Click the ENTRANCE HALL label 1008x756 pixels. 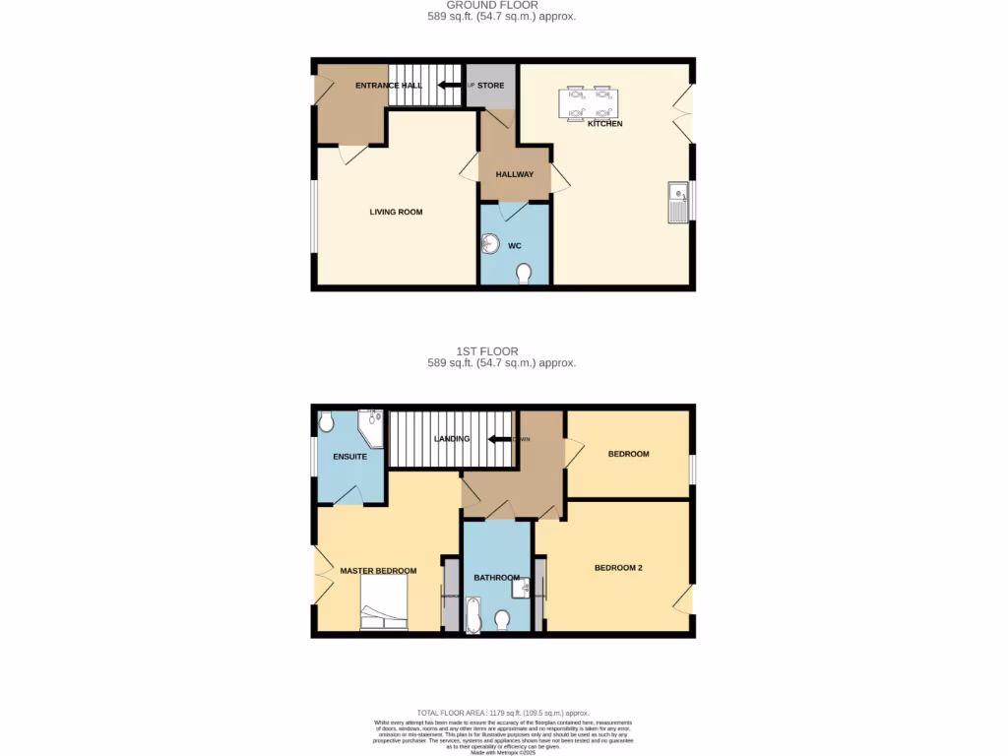click(388, 86)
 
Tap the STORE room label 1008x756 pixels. click(490, 86)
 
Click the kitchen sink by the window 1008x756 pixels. click(677, 202)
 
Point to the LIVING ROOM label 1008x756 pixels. click(396, 212)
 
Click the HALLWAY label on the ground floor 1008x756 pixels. click(514, 174)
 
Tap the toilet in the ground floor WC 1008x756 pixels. click(524, 273)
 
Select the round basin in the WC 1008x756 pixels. click(492, 243)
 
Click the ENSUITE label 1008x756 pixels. click(349, 457)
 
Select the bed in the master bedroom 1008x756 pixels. click(384, 602)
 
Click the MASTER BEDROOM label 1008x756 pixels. click(378, 570)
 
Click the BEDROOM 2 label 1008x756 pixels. click(618, 567)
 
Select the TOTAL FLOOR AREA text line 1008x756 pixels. click(502, 713)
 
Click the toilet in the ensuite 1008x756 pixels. click(327, 422)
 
